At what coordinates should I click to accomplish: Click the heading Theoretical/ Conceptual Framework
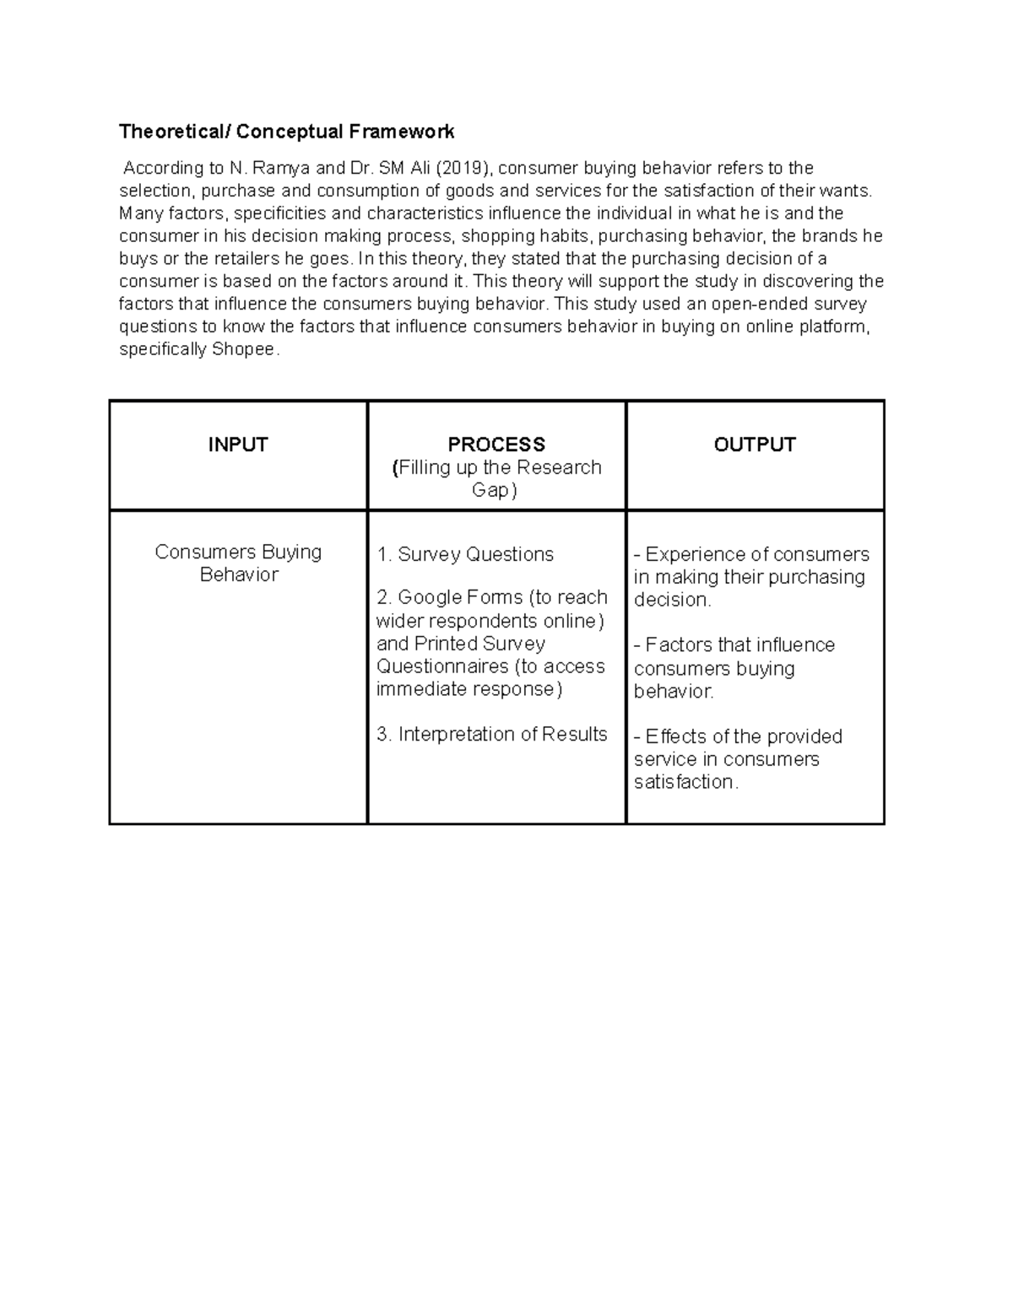pos(286,132)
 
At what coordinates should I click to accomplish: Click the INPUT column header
pos(238,445)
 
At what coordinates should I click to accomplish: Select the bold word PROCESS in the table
pos(496,445)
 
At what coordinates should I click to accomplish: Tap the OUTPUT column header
pos(755,445)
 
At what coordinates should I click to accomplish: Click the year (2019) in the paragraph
pos(462,168)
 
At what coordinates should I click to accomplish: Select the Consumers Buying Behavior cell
pos(238,563)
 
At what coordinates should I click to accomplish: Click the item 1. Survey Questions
pos(465,554)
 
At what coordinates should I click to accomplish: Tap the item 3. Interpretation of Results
pos(492,734)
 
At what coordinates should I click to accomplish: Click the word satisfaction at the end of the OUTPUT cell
pos(685,782)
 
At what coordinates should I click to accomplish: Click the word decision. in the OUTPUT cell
pos(673,600)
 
